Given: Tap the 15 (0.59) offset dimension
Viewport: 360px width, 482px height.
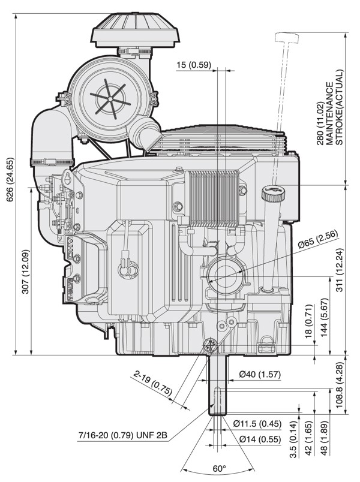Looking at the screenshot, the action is click(194, 65).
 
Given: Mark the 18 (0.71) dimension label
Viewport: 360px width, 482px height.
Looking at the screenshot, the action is click(309, 321).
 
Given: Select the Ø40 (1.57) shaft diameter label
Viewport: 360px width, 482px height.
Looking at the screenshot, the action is click(260, 375).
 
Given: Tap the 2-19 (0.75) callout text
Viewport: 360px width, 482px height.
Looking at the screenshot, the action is click(153, 383).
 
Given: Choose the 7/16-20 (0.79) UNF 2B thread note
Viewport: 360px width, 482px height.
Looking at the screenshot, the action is click(123, 435).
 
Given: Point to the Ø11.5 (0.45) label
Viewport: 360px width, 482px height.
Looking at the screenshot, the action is click(257, 424).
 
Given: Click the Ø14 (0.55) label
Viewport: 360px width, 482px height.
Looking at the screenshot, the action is click(260, 439).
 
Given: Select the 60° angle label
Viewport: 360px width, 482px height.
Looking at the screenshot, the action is click(220, 468).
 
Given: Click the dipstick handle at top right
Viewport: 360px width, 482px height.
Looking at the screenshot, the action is click(287, 38).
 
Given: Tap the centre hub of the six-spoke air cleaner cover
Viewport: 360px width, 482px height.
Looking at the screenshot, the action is click(109, 98).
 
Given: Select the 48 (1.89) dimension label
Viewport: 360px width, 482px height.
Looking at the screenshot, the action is click(325, 438).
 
